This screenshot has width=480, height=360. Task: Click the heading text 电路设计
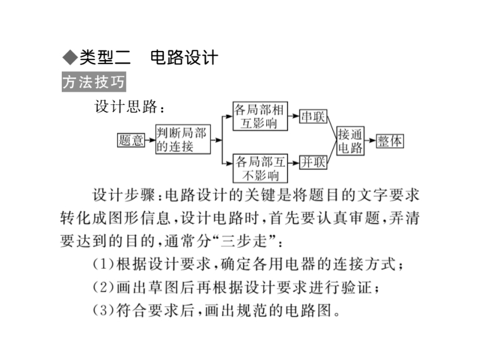point(183,58)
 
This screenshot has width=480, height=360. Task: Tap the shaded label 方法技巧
point(94,82)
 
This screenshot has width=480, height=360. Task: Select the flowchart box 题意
point(131,140)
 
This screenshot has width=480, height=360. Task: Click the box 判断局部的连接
point(181,140)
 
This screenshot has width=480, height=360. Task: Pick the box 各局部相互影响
point(259,116)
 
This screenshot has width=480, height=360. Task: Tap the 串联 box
point(313,116)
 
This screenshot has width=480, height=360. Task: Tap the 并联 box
point(313,162)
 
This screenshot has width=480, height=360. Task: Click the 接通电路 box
point(350,140)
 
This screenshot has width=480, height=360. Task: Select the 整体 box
point(390,140)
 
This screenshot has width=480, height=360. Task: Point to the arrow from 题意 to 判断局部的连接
point(150,140)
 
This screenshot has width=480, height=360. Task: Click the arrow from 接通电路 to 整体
point(371,140)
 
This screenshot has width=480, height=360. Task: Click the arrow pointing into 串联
point(294,116)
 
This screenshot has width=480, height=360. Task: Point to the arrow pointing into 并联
point(294,162)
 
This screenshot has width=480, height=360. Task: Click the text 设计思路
point(127,107)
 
